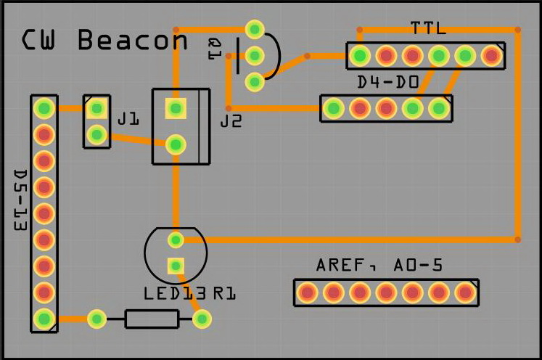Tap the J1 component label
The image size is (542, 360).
(128, 118)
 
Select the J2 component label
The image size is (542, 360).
(231, 121)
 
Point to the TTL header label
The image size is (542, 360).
(428, 28)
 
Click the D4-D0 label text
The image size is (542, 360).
(388, 83)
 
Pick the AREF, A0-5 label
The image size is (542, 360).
(379, 266)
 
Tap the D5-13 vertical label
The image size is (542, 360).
(20, 201)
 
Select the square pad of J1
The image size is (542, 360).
(96, 109)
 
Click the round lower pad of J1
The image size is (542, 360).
(96, 134)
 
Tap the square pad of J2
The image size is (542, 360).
(175, 109)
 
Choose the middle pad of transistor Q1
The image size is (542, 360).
(255, 55)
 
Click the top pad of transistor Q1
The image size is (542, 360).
(255, 29)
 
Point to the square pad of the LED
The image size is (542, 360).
(175, 266)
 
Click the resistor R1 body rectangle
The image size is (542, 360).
(152, 319)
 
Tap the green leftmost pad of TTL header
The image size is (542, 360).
(360, 55)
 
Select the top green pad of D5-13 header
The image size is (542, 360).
(44, 109)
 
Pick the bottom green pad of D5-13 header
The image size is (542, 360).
(44, 319)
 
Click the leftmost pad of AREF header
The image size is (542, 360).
(307, 293)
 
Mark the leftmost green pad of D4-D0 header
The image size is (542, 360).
(334, 109)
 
